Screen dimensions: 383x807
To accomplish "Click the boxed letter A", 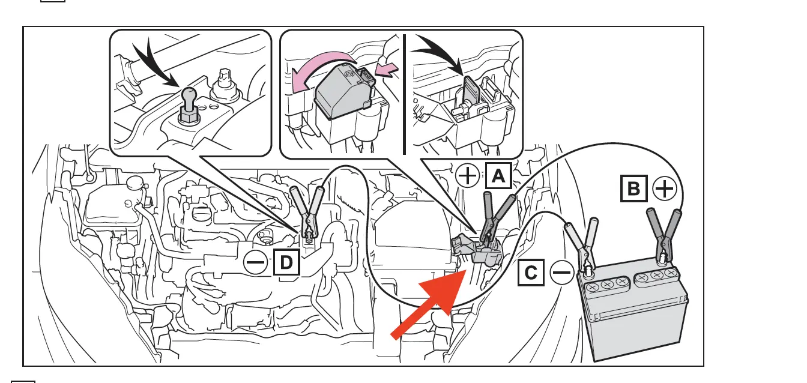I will (498, 176).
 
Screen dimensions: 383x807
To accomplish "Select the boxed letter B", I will (633, 190).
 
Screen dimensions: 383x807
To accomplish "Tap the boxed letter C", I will (531, 274).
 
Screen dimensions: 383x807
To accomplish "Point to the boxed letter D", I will (286, 262).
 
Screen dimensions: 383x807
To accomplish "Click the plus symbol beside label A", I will (468, 176).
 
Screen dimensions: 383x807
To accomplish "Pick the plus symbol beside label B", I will (664, 190).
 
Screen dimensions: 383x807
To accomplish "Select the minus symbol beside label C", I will (562, 274).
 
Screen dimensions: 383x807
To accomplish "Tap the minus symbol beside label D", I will (256, 262).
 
